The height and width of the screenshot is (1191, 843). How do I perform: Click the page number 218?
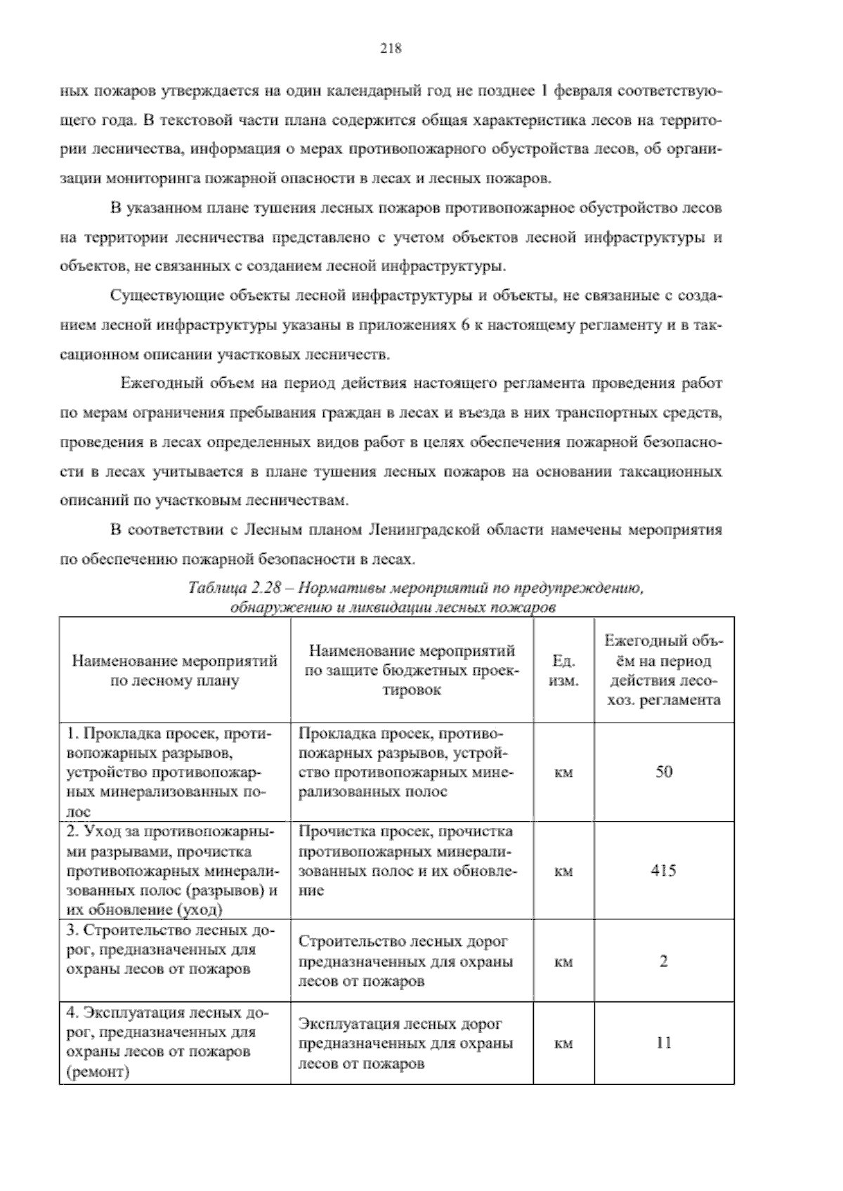[390, 48]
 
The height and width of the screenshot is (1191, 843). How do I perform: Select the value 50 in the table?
[664, 772]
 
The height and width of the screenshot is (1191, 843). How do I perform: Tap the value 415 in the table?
[664, 871]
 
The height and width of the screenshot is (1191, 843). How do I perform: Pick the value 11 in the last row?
[664, 1043]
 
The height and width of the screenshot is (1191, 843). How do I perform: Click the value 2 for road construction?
[664, 961]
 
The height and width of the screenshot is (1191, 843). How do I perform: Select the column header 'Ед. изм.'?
[564, 671]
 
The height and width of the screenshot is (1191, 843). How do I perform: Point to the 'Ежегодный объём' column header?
[664, 671]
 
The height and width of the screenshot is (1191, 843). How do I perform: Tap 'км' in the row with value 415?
[564, 871]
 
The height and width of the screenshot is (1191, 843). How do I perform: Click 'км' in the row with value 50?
[564, 772]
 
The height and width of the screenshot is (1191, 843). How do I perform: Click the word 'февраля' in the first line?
[582, 91]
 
